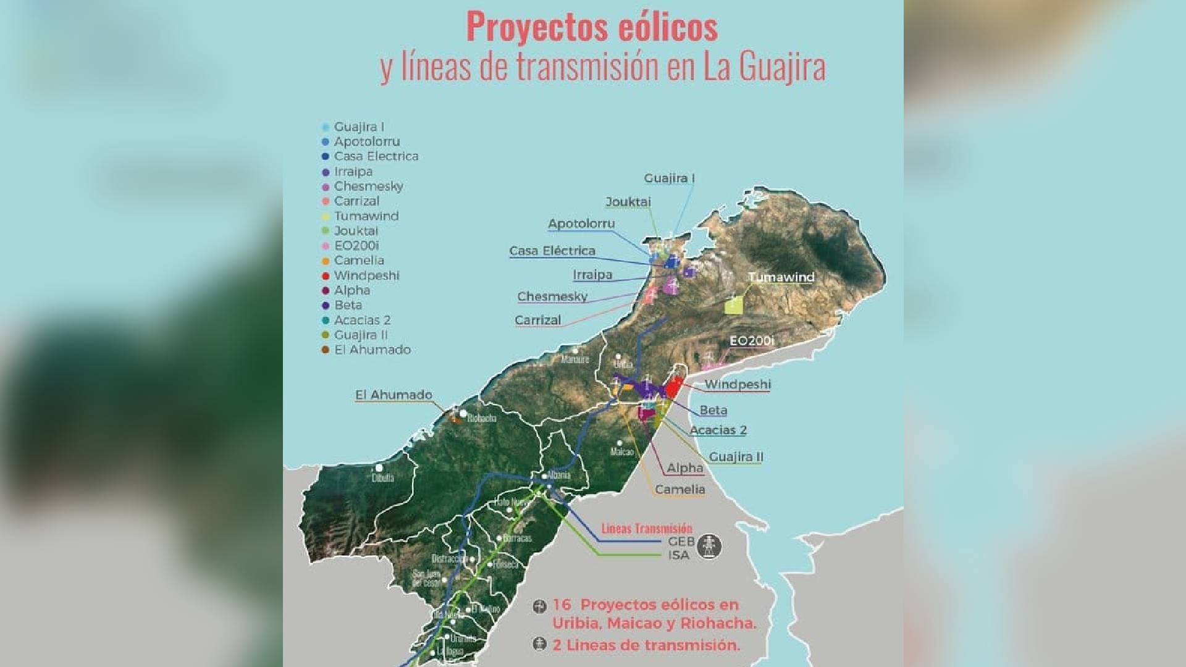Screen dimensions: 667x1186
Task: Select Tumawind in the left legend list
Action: pyautogui.click(x=366, y=216)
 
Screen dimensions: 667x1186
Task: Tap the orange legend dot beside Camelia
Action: pyautogui.click(x=326, y=261)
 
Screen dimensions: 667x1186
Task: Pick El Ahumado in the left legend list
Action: pyautogui.click(x=372, y=350)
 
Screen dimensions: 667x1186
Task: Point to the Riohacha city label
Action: pyautogui.click(x=481, y=419)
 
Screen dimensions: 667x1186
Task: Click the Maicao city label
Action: pyautogui.click(x=621, y=451)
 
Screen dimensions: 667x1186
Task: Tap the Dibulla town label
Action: pyautogui.click(x=383, y=477)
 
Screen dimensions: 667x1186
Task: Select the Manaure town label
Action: pyautogui.click(x=574, y=359)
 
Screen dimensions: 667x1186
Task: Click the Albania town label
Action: pyautogui.click(x=558, y=475)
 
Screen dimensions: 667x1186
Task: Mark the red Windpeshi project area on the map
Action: pyautogui.click(x=673, y=388)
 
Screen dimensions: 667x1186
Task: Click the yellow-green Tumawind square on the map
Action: pyautogui.click(x=733, y=304)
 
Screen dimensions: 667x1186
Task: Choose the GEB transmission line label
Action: pyautogui.click(x=681, y=542)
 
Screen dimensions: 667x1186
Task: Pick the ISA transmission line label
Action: pyautogui.click(x=678, y=555)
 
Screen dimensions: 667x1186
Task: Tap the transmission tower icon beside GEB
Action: pyautogui.click(x=710, y=547)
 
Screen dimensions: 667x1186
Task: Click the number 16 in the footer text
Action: pyautogui.click(x=561, y=605)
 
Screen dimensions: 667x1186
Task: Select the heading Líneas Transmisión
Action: pyautogui.click(x=647, y=529)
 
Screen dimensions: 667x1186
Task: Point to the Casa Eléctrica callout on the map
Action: pyautogui.click(x=552, y=251)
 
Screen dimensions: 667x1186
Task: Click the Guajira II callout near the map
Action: pyautogui.click(x=736, y=457)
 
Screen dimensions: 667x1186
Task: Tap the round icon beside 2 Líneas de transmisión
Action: pyautogui.click(x=540, y=645)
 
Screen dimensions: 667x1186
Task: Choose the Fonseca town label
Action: pyautogui.click(x=505, y=564)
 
